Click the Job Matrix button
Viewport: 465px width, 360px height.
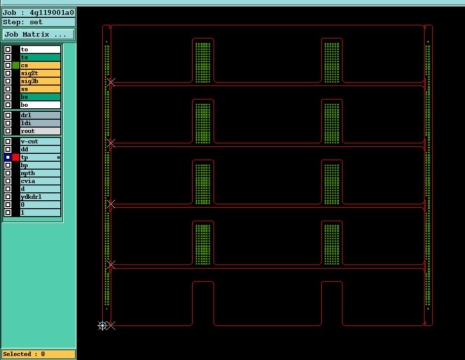[38, 35]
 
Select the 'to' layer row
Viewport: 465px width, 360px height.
[41, 49]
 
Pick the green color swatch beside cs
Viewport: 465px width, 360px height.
[16, 65]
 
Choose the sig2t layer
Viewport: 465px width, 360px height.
[41, 73]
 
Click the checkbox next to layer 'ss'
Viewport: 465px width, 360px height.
[8, 89]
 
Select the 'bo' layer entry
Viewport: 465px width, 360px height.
[41, 105]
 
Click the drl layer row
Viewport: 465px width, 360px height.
[41, 115]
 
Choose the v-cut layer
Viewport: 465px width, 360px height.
[41, 141]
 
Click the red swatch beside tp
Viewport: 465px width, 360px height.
[16, 157]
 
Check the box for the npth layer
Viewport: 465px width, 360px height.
[8, 173]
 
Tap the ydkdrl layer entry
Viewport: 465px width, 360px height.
[41, 197]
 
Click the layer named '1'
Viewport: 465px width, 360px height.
[41, 213]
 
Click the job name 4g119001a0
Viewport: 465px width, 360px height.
[51, 12]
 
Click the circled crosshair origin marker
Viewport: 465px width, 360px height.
[102, 325]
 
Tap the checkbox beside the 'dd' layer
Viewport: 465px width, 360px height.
[8, 149]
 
